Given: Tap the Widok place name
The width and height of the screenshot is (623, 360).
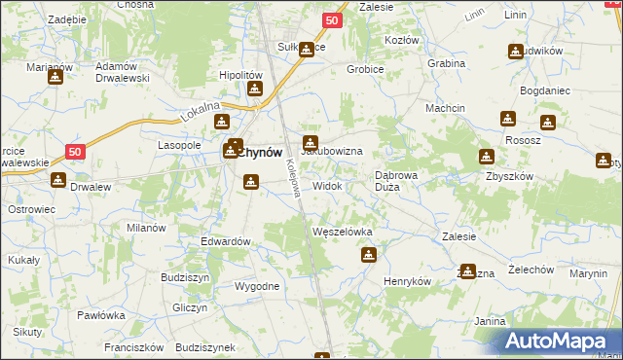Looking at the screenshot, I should [327, 185].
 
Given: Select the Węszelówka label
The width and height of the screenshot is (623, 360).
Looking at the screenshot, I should [342, 232].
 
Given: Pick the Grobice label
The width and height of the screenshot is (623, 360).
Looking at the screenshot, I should [367, 70].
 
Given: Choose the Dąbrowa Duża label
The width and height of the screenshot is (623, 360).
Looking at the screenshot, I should [398, 181].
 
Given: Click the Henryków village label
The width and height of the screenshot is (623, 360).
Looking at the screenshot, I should [407, 280].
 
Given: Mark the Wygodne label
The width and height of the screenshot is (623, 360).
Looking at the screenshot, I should [257, 286].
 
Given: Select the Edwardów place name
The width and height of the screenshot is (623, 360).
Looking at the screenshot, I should [226, 241].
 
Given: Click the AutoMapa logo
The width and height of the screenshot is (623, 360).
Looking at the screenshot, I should [561, 342].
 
